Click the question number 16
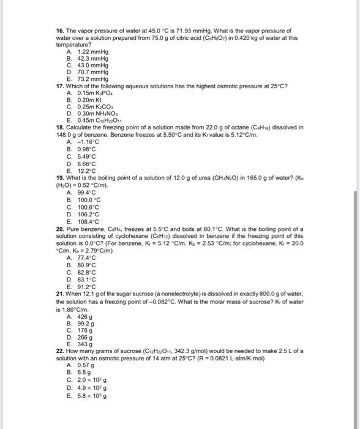pyautogui.click(x=59, y=29)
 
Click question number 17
pyautogui.click(x=59, y=86)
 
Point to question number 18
pyautogui.click(x=59, y=127)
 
